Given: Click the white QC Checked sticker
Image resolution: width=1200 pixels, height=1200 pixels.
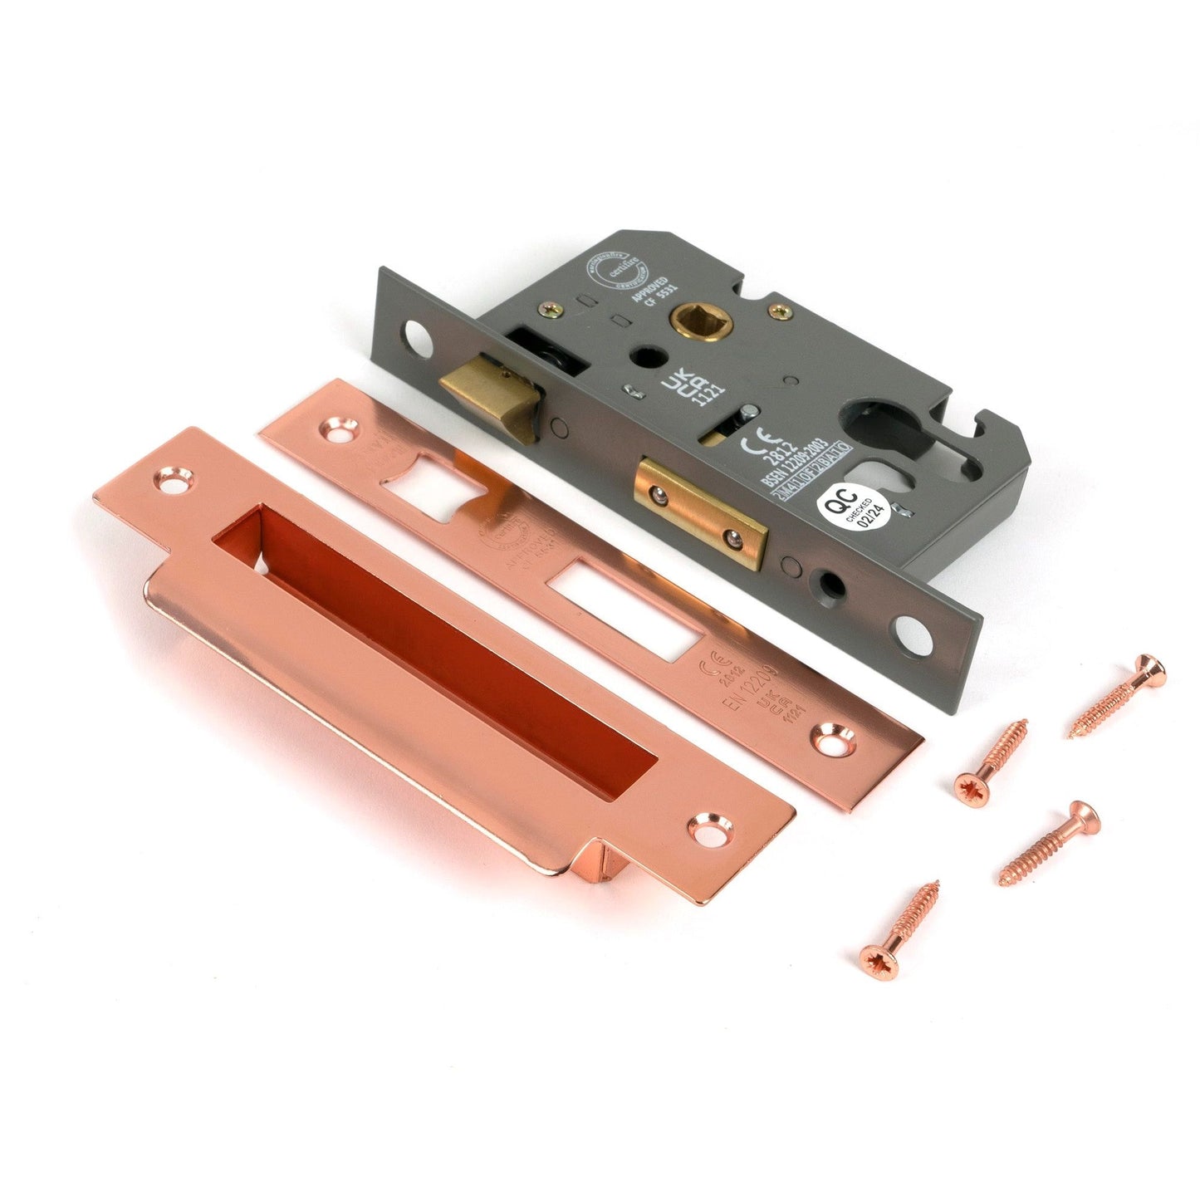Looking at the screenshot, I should pos(852,507).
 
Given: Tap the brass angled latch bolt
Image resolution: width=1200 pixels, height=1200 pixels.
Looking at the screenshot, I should pos(482,396).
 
